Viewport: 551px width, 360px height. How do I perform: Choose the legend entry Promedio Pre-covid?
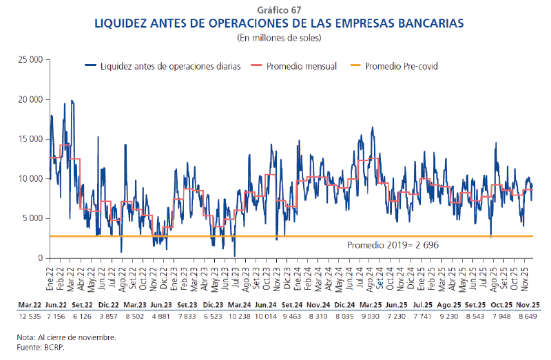point(402,67)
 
